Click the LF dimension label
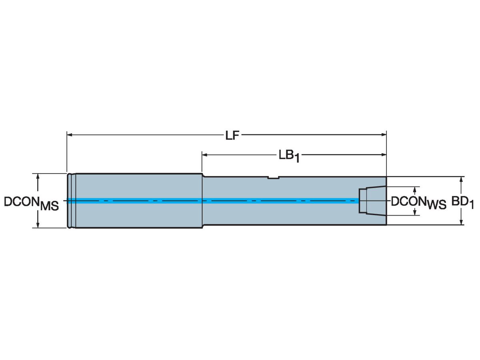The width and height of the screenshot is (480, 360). coord(232,136)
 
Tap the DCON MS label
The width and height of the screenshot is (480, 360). coord(31,203)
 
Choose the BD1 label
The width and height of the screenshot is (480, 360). coord(463,203)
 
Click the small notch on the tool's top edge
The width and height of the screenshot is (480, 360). coord(273,178)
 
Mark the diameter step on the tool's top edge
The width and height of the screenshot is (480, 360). coord(203,175)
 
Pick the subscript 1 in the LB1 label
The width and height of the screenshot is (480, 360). coord(297,160)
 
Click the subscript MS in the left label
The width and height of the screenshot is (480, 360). coord(49,206)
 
